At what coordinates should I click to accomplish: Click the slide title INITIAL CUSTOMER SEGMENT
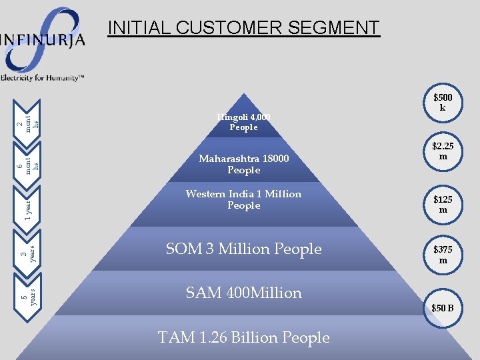[243, 28]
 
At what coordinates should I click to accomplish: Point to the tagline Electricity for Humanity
[43, 78]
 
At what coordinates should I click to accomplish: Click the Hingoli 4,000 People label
[243, 122]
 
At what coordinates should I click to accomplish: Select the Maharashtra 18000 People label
[243, 165]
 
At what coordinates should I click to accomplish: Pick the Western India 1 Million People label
[243, 199]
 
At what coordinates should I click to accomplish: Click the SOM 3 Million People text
[243, 249]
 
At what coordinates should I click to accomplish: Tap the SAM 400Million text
[244, 293]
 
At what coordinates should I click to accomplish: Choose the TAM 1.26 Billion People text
[244, 337]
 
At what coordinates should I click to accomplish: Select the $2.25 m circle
[443, 151]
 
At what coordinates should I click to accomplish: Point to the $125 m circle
[443, 204]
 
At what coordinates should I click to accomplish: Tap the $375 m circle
[443, 255]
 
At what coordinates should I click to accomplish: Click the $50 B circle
[443, 307]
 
